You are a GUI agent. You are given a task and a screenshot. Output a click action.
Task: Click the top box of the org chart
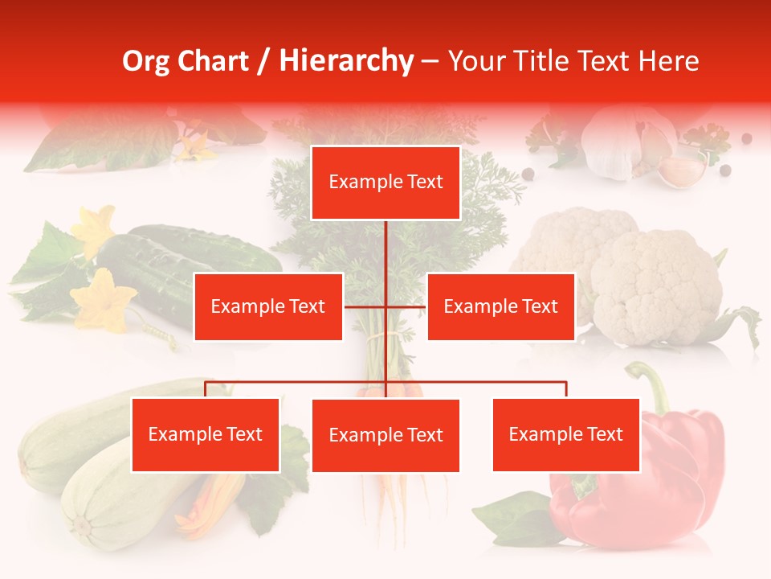[x=385, y=183]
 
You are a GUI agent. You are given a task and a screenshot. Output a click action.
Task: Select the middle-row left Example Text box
[x=268, y=306]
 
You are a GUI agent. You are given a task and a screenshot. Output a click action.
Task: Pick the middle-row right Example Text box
[x=500, y=306]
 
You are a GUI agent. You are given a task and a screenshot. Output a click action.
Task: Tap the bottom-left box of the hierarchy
[x=206, y=435]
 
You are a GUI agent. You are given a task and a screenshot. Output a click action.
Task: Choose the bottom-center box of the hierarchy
[x=385, y=436]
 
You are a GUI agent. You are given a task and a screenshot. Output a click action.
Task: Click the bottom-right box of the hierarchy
[x=565, y=435]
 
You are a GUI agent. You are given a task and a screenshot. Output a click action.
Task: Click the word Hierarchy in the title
[x=346, y=61]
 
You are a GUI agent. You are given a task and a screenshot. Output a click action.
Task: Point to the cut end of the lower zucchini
[x=80, y=527]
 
